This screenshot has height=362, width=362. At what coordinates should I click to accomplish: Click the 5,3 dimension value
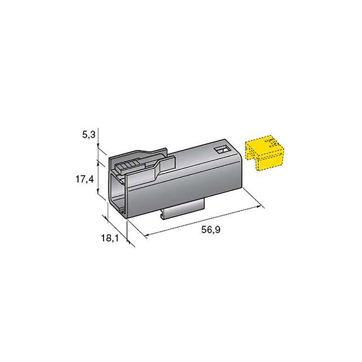[89, 134]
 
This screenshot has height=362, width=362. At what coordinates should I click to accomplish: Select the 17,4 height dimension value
[85, 179]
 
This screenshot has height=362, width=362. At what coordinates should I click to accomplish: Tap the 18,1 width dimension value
[110, 238]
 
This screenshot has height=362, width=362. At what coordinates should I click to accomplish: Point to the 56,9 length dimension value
[211, 230]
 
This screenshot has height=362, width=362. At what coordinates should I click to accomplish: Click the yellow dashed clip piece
[264, 153]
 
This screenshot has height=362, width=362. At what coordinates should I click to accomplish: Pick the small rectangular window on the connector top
[223, 150]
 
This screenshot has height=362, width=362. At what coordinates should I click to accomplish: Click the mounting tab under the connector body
[183, 209]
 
